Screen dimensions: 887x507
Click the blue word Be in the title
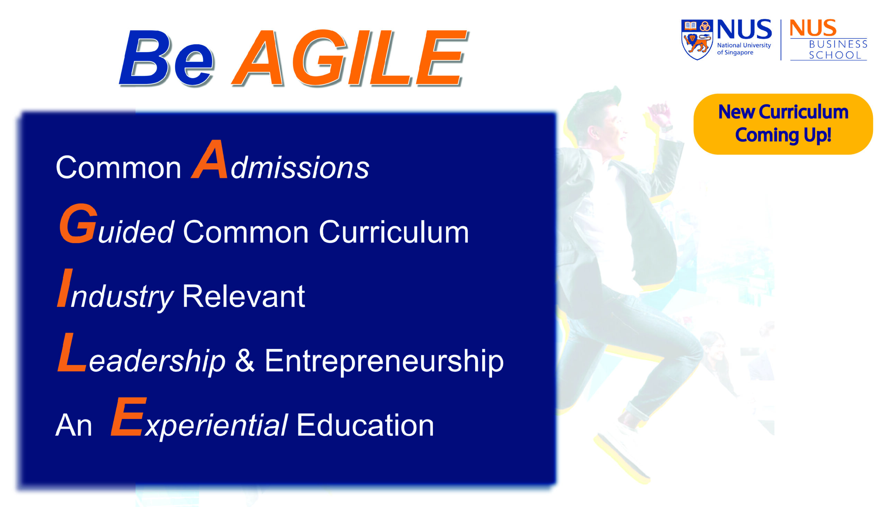166,58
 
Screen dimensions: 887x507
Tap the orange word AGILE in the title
350,58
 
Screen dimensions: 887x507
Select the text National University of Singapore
744,49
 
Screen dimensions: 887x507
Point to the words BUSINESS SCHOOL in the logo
837,50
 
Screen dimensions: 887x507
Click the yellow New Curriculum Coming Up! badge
783,124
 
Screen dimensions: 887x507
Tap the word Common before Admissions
118,168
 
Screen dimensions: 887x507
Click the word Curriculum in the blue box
394,232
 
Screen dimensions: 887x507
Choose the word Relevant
244,297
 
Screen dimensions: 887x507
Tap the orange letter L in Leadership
72,352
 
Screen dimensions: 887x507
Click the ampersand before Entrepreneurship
245,360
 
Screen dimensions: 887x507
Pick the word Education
365,425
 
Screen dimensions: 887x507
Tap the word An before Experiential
74,426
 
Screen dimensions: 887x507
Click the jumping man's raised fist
659,115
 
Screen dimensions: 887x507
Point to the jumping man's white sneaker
623,453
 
